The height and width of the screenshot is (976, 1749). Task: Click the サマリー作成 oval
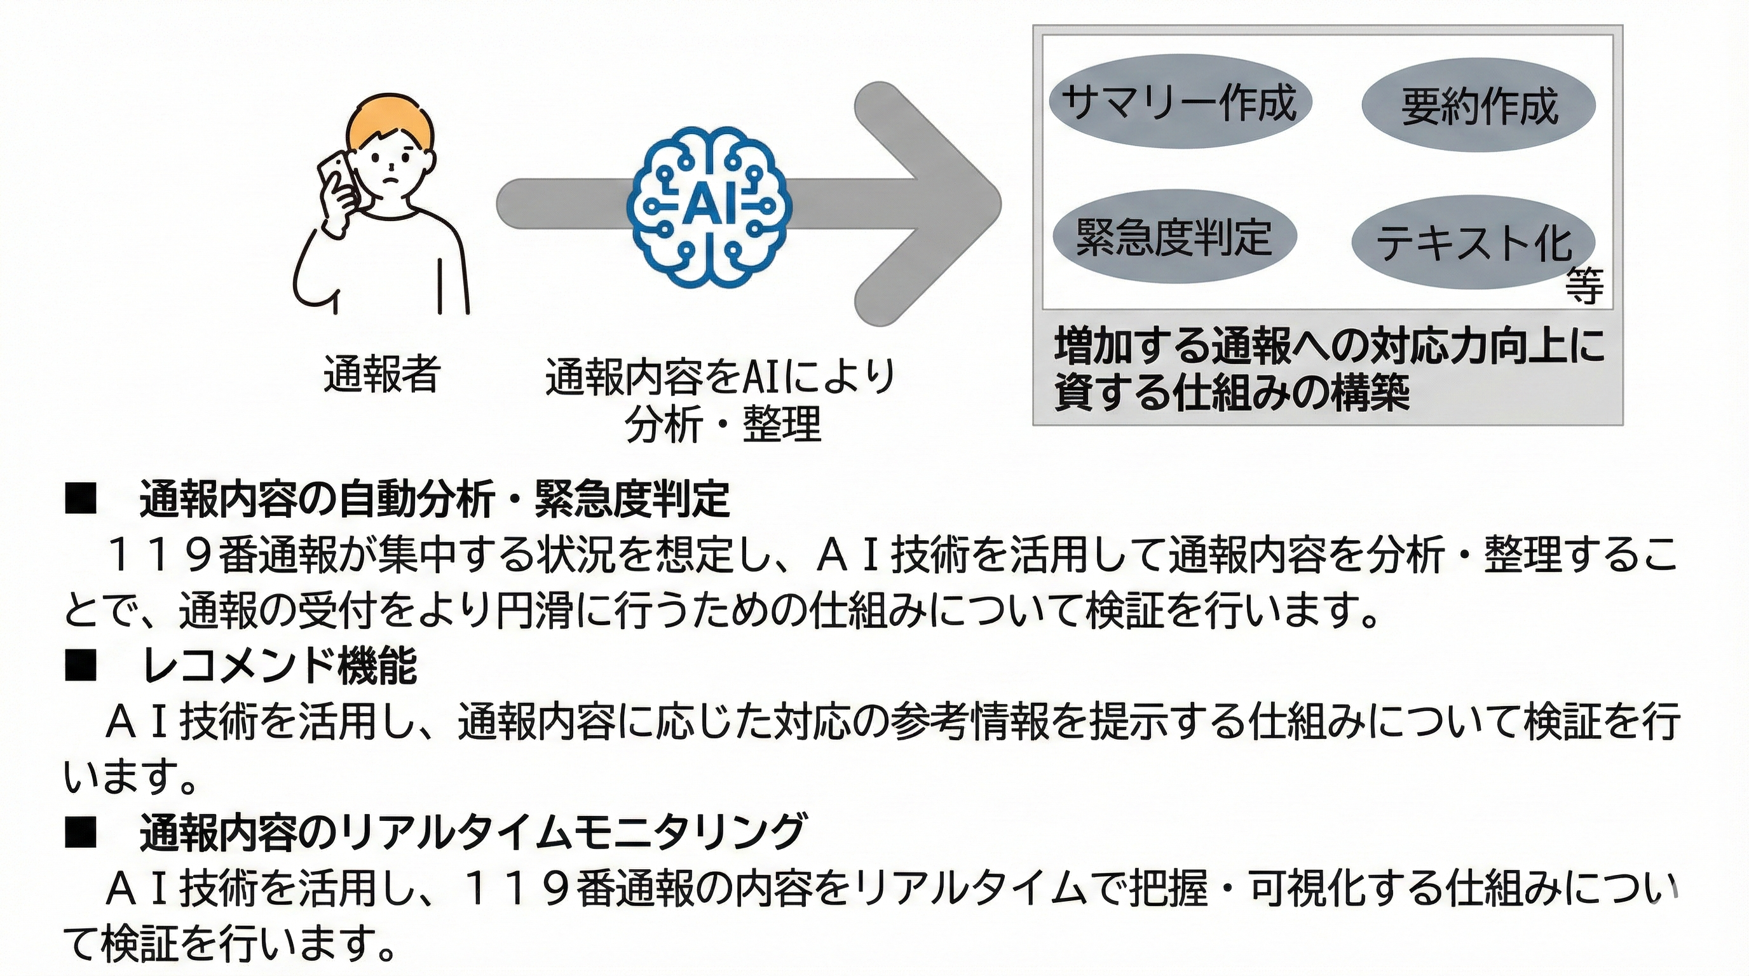coord(1180,102)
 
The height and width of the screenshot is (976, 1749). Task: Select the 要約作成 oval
coord(1479,106)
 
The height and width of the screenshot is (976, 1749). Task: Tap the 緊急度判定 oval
coord(1174,237)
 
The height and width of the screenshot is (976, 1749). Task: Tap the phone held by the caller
coord(337,177)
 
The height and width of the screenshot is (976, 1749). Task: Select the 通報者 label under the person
coord(381,373)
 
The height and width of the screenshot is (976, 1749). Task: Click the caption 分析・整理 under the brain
coord(724,424)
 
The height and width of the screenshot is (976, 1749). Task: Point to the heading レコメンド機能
coord(280,666)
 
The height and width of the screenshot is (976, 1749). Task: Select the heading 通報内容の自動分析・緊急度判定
coord(435,499)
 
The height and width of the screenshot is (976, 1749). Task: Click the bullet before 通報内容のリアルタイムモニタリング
coord(80,834)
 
